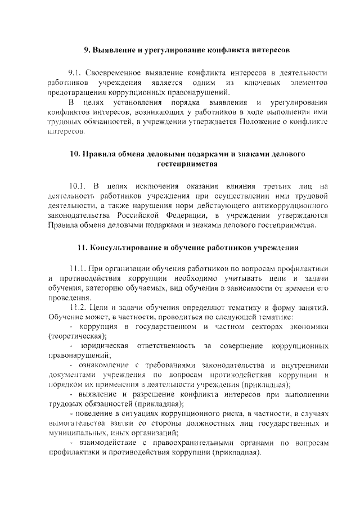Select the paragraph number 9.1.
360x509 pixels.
(75, 73)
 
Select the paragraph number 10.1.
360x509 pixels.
(78, 186)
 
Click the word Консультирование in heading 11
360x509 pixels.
(125, 247)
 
